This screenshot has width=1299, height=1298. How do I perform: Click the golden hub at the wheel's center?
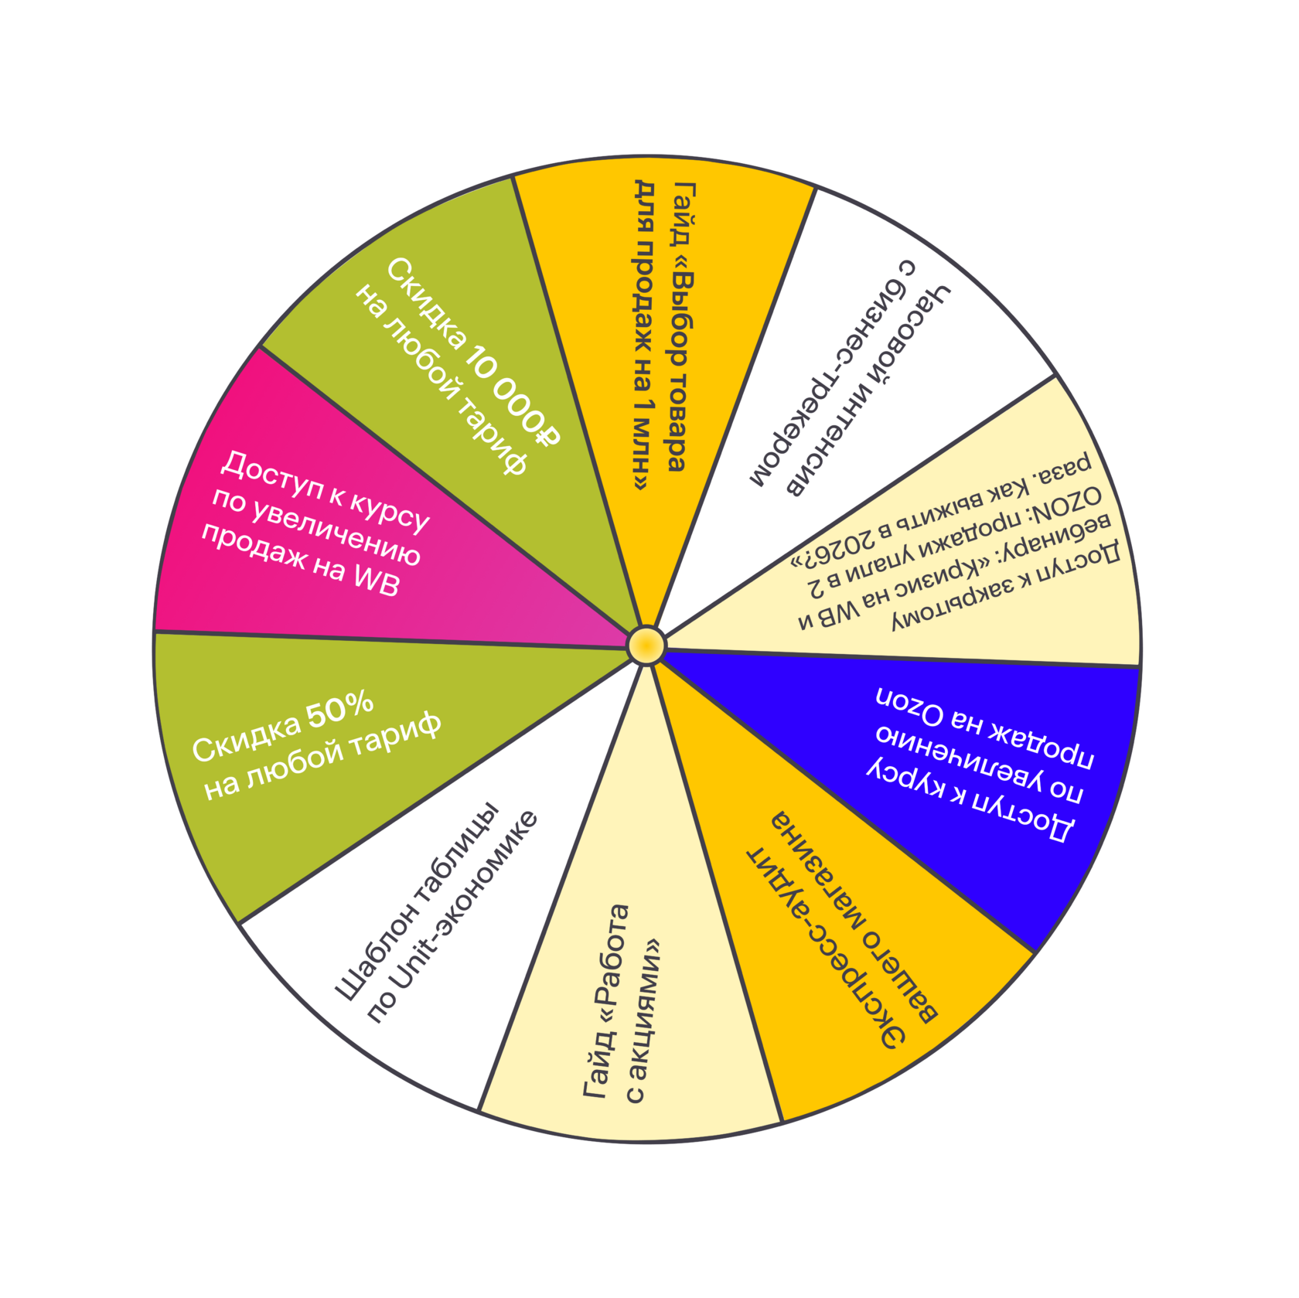(x=646, y=646)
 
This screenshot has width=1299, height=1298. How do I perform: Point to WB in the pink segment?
(x=376, y=578)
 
